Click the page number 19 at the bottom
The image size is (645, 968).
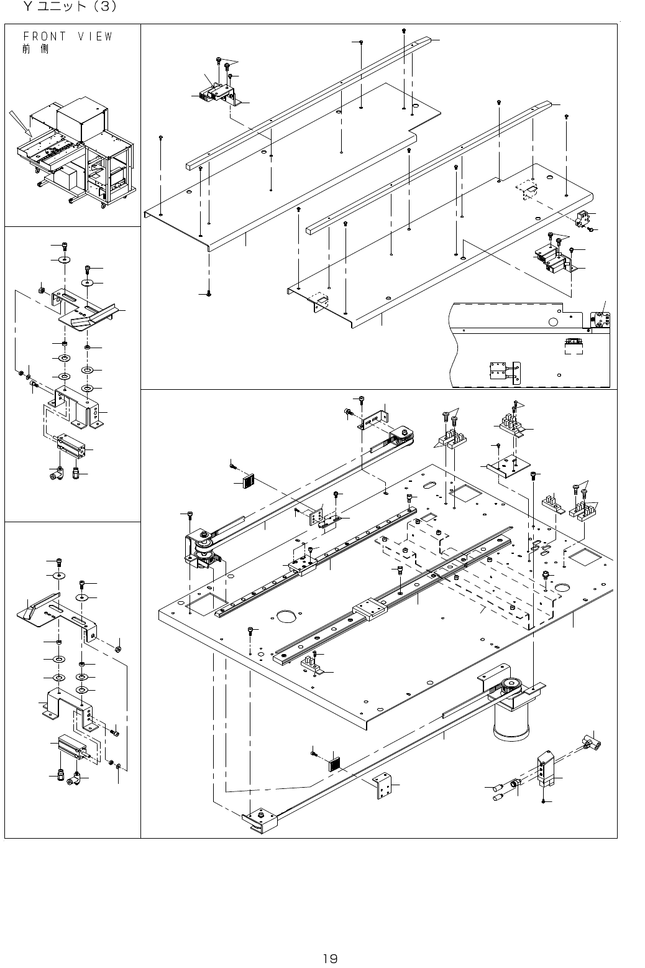329,941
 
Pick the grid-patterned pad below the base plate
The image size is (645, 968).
336,763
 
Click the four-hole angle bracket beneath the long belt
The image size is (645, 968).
383,786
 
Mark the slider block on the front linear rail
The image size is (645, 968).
370,609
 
